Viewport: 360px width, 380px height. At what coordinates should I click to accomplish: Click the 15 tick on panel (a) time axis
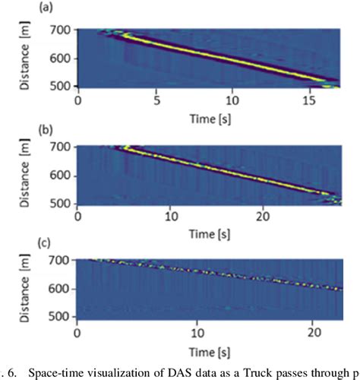point(309,100)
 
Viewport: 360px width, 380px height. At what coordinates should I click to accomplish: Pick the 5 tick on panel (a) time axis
point(156,100)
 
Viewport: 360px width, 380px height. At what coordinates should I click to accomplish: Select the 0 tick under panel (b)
point(78,216)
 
